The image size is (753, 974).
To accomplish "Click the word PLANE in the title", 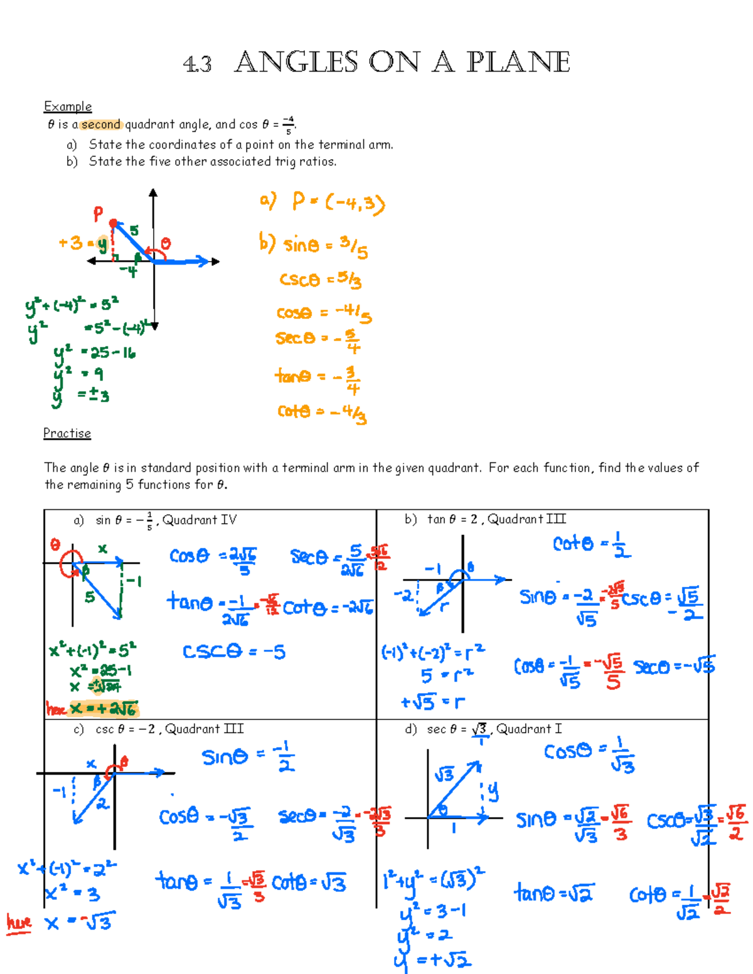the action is [518, 62].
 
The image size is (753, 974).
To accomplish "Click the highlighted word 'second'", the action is [101, 124].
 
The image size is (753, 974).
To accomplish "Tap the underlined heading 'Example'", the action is [68, 106].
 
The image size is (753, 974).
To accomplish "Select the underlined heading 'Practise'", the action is [67, 433].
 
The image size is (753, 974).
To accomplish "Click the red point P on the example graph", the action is [113, 223].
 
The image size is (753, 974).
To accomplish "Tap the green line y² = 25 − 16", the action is [95, 352].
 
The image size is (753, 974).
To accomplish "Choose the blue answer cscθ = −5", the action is [234, 652].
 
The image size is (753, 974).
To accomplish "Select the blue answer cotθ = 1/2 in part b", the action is [591, 544].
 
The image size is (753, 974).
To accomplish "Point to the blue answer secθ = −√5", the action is [674, 666].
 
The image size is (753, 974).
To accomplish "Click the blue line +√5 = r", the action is [434, 702].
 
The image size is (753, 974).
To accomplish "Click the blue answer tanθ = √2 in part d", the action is [554, 892].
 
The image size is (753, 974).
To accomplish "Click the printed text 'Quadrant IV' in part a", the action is [200, 520].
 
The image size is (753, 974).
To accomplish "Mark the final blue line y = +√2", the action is [433, 960].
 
